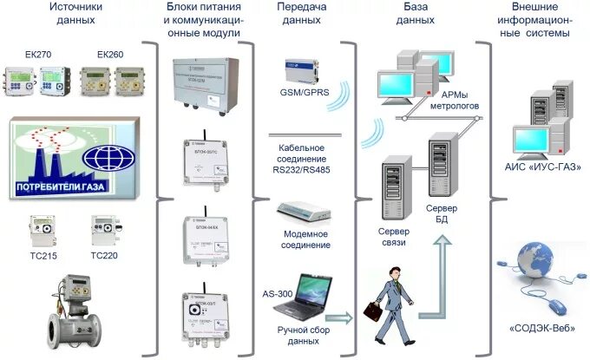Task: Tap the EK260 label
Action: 110,55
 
